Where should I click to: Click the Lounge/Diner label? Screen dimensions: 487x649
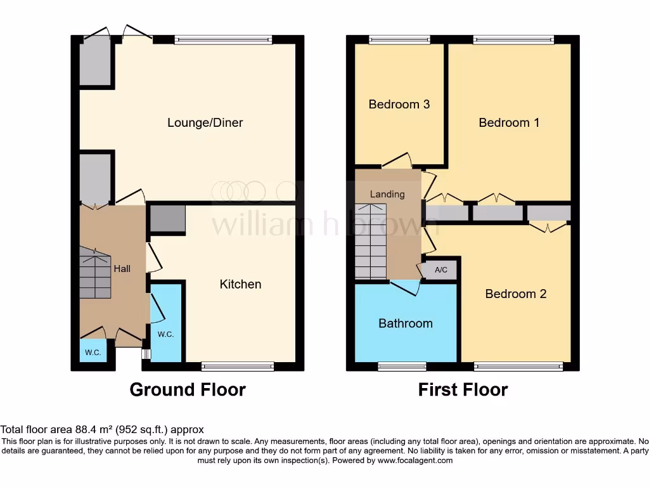coord(205,122)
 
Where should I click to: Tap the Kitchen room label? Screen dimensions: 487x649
coord(240,284)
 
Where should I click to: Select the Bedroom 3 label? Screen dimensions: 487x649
coord(399,104)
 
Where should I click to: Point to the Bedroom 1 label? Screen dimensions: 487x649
coord(508,122)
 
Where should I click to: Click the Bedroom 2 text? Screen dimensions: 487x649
coord(515,294)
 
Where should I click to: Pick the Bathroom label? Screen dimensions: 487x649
coord(405,323)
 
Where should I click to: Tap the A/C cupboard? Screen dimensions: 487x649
coord(440,270)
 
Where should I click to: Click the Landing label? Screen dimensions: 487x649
coord(387,194)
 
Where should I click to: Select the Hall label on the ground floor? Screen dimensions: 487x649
coord(122,269)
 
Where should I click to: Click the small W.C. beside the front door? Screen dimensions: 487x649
coord(93,353)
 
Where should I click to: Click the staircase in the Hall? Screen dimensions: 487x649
coord(94,273)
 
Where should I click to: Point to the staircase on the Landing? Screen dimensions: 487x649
coord(370,241)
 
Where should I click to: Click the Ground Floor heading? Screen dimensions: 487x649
coord(188,389)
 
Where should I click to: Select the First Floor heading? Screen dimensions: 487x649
coord(463,389)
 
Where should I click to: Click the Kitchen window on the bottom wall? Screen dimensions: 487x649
coord(238,366)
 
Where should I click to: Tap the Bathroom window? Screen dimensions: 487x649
coord(402,366)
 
